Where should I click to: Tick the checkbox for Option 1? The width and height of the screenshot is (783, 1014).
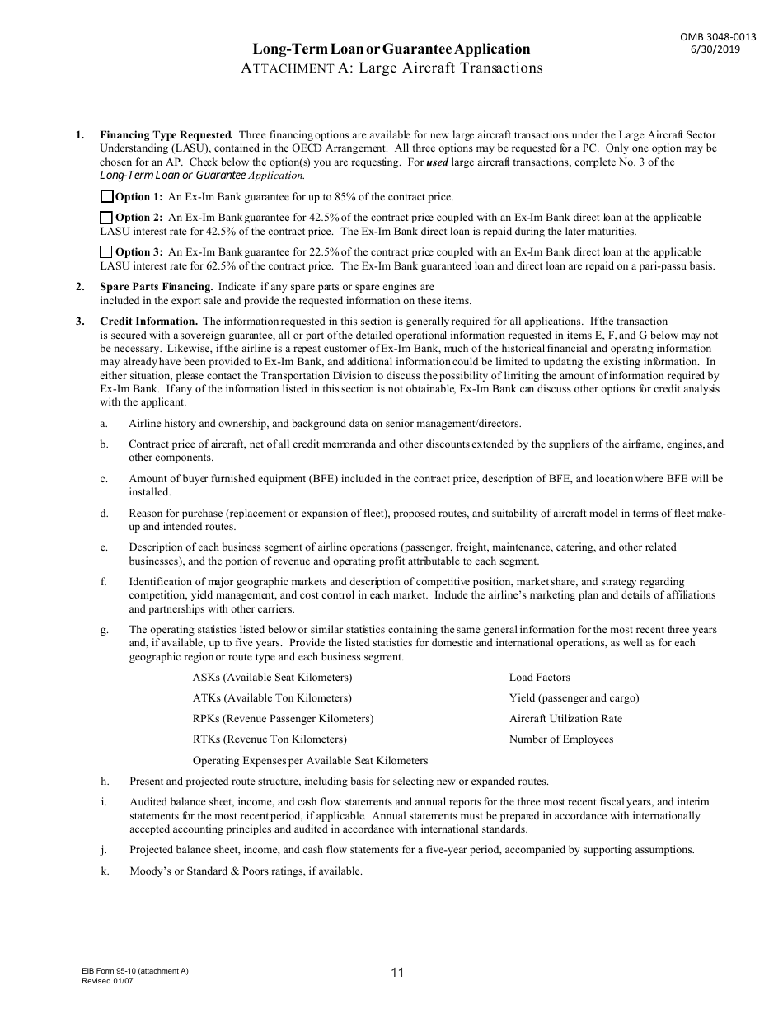pyautogui.click(x=106, y=197)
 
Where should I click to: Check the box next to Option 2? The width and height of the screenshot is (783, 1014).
pyautogui.click(x=106, y=218)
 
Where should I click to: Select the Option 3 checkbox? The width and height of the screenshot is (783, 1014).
pyautogui.click(x=106, y=252)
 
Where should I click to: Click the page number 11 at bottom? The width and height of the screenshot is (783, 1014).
pyautogui.click(x=397, y=973)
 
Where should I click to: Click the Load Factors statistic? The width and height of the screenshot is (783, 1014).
pyautogui.click(x=539, y=678)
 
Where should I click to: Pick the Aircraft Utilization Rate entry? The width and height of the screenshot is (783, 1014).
pyautogui.click(x=565, y=719)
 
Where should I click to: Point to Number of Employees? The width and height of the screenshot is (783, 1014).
pyautogui.click(x=560, y=739)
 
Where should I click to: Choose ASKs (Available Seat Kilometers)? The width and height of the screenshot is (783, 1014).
pyautogui.click(x=272, y=678)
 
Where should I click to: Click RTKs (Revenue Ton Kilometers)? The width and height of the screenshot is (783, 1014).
pyautogui.click(x=270, y=739)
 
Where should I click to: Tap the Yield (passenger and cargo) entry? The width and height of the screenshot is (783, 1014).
pyautogui.click(x=574, y=698)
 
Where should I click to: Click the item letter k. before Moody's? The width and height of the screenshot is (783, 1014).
pyautogui.click(x=105, y=871)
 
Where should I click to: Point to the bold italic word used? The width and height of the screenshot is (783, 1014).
pyautogui.click(x=438, y=162)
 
